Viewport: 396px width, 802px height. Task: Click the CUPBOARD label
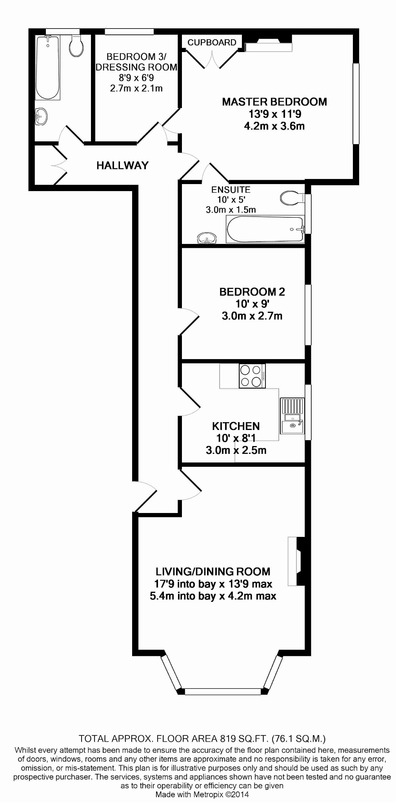click(212, 42)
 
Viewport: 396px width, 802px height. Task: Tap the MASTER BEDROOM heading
click(274, 102)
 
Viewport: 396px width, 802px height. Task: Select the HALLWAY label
click(122, 165)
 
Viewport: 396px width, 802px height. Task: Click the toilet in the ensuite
click(291, 198)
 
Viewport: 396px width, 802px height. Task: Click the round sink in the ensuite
click(207, 238)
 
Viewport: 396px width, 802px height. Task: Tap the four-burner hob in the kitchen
click(251, 376)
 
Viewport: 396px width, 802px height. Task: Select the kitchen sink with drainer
click(292, 416)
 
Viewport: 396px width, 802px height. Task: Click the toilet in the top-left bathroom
click(76, 47)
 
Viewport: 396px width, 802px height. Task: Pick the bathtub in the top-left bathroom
click(47, 67)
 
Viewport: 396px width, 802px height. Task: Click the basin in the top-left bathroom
click(41, 116)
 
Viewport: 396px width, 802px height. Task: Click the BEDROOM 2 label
click(252, 292)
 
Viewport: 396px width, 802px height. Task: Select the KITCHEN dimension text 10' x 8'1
click(235, 438)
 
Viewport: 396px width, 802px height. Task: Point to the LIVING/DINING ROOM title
click(213, 571)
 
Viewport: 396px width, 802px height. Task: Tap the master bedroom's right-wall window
click(356, 104)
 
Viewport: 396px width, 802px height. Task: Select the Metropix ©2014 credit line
click(202, 795)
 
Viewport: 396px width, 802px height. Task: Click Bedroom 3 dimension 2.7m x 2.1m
click(136, 88)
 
